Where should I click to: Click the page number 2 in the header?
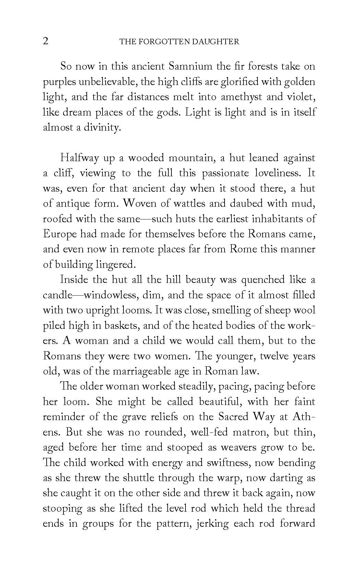point(46,41)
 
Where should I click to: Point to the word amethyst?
point(242,97)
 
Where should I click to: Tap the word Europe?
point(60,234)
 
